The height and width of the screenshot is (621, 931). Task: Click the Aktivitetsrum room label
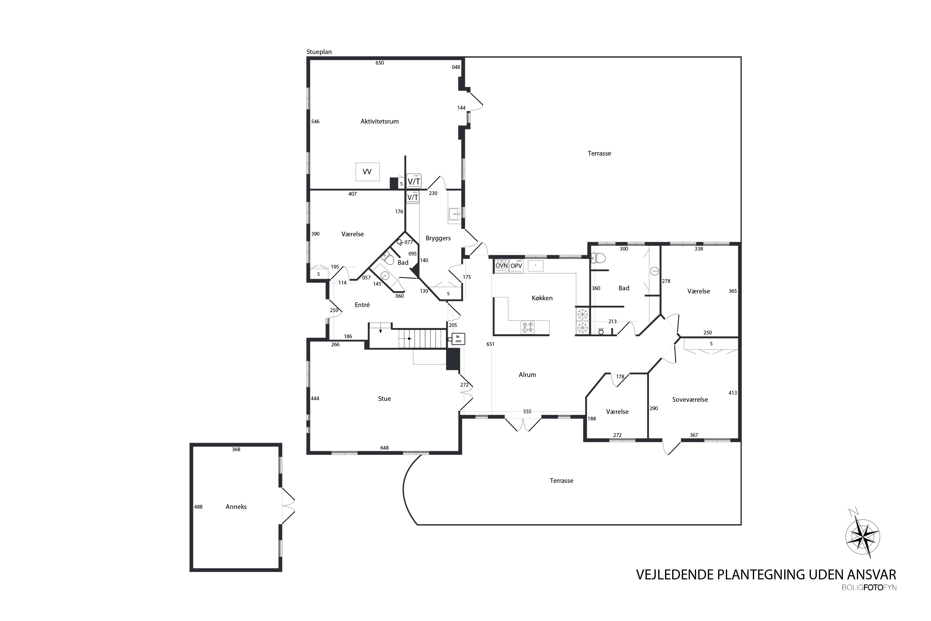click(x=379, y=122)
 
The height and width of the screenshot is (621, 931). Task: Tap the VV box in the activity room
click(x=367, y=172)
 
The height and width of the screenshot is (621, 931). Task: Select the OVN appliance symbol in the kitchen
click(x=501, y=266)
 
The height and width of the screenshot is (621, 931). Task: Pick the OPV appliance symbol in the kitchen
click(x=516, y=266)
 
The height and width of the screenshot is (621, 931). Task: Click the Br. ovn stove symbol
click(x=458, y=339)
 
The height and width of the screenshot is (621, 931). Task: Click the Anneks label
click(x=236, y=506)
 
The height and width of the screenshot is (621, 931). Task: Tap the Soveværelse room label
click(x=690, y=400)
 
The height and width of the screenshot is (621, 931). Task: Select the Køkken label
click(x=542, y=298)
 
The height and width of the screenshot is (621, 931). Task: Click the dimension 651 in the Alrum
click(x=490, y=344)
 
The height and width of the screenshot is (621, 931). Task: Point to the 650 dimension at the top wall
click(x=380, y=63)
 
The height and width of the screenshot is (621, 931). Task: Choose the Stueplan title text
click(x=319, y=52)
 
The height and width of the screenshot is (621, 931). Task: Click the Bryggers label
click(x=438, y=238)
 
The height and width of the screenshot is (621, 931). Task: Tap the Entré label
click(x=362, y=305)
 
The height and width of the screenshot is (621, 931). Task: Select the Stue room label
click(x=385, y=399)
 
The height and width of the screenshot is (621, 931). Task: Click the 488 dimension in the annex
click(x=198, y=506)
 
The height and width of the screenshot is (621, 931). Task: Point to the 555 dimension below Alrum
click(x=527, y=411)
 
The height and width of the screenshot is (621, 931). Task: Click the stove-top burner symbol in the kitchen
click(x=528, y=327)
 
